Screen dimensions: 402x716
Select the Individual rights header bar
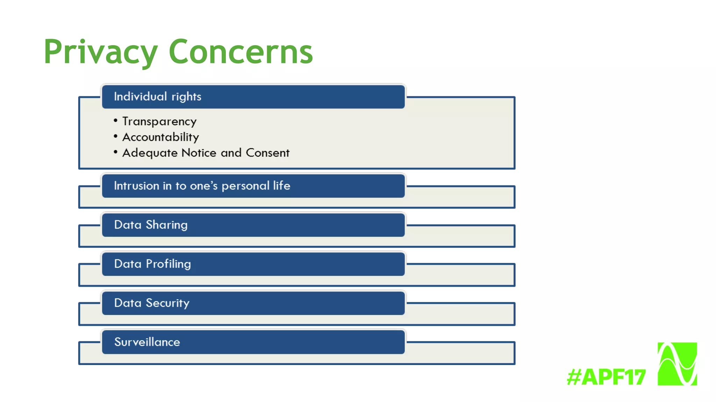253,97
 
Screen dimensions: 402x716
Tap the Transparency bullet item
159,121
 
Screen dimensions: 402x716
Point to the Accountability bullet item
160,137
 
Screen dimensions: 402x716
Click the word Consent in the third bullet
267,153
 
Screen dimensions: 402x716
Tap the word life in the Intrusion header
281,185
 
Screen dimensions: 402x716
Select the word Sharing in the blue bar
166,225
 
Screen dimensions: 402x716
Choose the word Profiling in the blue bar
168,264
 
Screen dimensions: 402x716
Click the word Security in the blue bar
167,303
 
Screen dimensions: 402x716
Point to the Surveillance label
147,342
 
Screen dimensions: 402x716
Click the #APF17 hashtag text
606,377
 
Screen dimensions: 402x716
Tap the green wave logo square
677,364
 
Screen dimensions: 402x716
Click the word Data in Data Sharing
128,225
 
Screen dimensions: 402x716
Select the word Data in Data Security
128,303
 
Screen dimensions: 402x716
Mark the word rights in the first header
186,97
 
